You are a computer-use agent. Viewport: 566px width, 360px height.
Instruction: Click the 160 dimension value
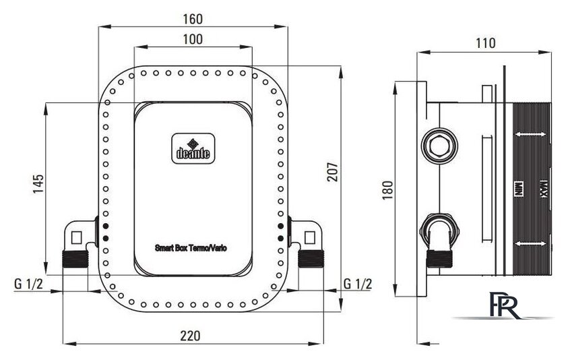(x=193, y=19)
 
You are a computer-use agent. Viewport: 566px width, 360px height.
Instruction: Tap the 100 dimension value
(x=193, y=39)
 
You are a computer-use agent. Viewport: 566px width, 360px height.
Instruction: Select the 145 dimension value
(x=38, y=184)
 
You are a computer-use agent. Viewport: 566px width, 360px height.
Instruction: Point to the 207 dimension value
(x=332, y=172)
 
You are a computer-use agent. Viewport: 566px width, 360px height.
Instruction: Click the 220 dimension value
(x=190, y=336)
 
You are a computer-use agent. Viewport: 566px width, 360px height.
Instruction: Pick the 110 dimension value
(x=485, y=43)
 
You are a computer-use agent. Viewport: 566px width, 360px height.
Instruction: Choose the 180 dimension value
(x=387, y=190)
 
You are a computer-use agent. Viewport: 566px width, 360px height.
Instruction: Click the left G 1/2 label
(x=28, y=284)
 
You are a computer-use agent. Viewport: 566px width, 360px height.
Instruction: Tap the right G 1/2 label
(x=357, y=284)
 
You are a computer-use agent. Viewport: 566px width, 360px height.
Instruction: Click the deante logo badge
(x=193, y=148)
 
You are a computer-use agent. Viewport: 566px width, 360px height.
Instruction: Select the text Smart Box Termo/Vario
(x=191, y=248)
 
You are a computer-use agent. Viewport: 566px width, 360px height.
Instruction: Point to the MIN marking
(x=519, y=189)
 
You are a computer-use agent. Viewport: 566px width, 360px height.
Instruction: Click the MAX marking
(x=542, y=189)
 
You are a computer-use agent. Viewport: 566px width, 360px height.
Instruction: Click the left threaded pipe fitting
(x=75, y=259)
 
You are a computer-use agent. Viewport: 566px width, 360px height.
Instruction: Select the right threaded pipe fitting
(x=311, y=259)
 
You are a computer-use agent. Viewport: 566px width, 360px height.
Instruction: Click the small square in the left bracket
(x=77, y=237)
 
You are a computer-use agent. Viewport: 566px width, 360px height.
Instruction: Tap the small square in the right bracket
(x=310, y=237)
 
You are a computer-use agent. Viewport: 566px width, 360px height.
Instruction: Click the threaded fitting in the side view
(x=439, y=259)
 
